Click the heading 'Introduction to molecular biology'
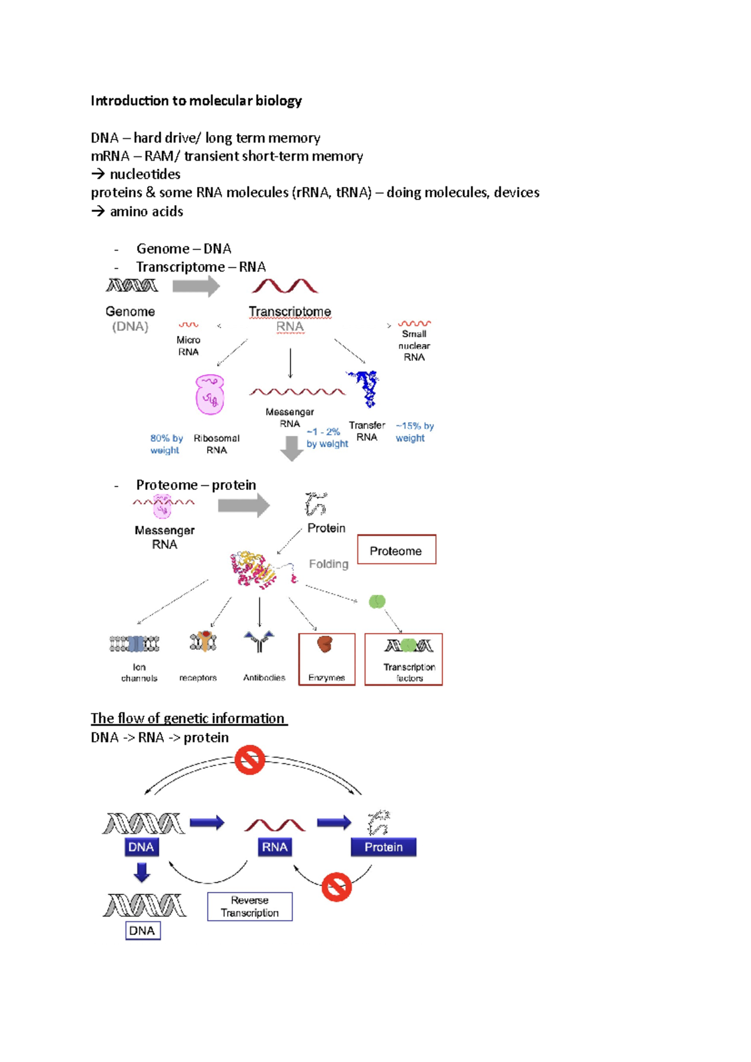point(196,101)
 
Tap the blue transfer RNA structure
point(365,387)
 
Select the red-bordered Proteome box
point(396,550)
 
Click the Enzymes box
point(327,659)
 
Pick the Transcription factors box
point(404,659)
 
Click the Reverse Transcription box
point(250,906)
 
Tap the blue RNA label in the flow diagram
point(274,847)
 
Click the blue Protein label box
point(384,847)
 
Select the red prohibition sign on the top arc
point(250,760)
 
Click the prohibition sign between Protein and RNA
point(337,887)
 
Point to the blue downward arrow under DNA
point(142,872)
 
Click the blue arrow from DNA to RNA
point(207,822)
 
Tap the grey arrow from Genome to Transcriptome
point(196,286)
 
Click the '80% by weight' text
point(166,444)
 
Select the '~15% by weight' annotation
point(414,432)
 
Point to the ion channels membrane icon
point(135,644)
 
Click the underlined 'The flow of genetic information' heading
point(188,718)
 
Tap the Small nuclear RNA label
point(414,345)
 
